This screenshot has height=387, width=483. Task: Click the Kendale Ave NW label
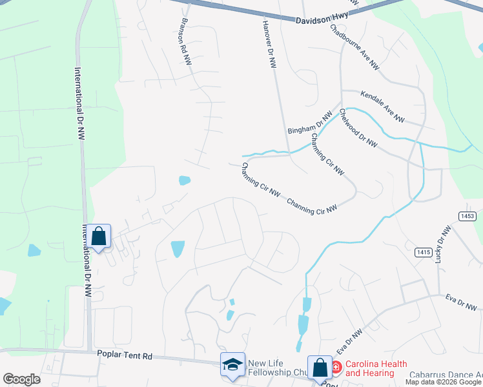coord(382,107)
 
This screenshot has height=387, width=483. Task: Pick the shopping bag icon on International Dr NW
coord(98,236)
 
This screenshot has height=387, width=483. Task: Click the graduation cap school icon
coord(232,365)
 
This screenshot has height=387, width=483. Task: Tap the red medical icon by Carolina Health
coord(336,368)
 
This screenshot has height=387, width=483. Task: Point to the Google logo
coord(21,379)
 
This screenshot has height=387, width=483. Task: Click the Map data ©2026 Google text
coord(443,382)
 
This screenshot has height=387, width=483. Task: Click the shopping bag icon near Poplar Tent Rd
coord(320,368)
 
